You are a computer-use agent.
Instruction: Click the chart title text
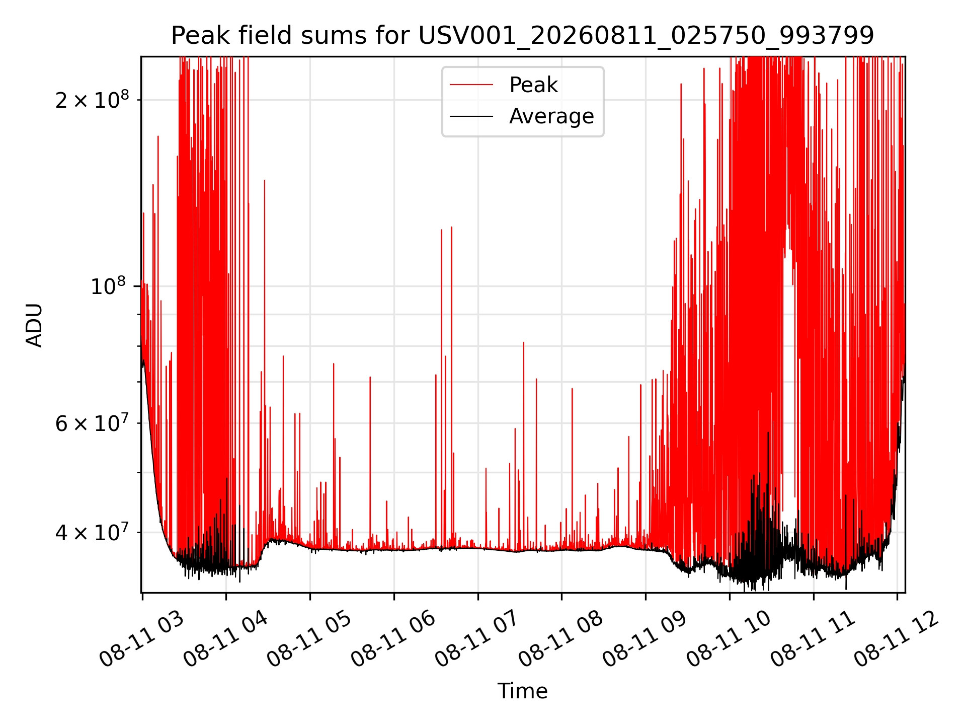[522, 36]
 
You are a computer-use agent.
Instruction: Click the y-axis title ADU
[34, 325]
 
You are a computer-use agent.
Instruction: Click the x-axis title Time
[522, 691]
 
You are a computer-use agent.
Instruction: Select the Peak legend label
[533, 85]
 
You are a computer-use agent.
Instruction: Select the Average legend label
[551, 116]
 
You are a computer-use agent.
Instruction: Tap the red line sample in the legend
[471, 85]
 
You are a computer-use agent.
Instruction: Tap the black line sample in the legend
[471, 116]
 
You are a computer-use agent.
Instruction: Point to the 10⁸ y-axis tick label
[108, 286]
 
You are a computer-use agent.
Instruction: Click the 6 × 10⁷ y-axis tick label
[92, 423]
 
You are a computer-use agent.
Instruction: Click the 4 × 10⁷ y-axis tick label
[92, 532]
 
